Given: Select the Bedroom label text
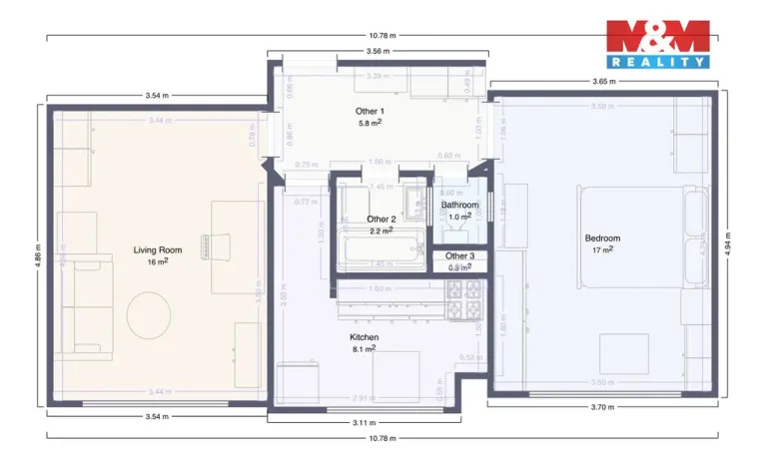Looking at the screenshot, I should (602, 238).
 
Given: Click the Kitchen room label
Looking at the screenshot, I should (365, 338).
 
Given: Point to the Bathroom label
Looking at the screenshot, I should (459, 206).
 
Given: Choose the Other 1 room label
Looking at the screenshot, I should (370, 110).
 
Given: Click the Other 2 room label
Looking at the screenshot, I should (382, 219).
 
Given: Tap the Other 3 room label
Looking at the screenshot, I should (459, 256).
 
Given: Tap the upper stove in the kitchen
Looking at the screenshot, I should (463, 289).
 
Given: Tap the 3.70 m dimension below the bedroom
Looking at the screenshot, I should (601, 407).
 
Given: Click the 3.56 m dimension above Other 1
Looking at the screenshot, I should (378, 50).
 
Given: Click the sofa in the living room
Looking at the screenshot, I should (78, 304).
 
